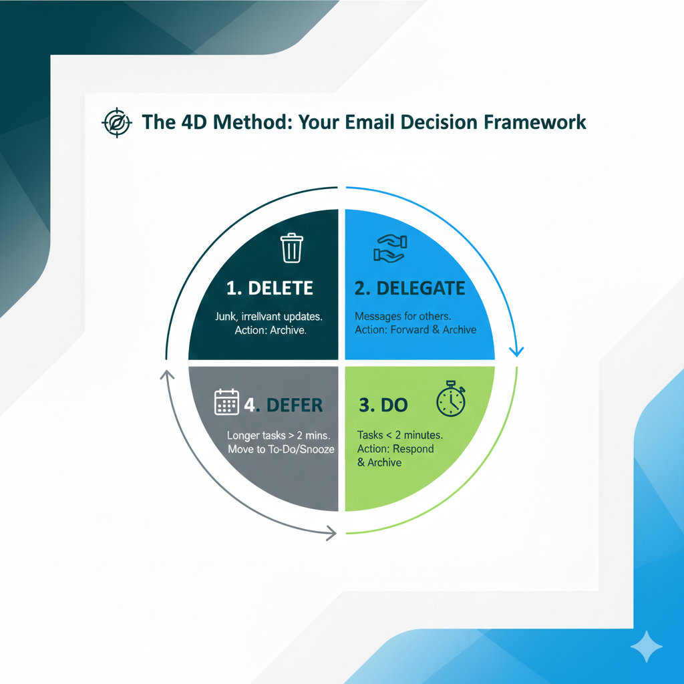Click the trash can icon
pos(291,248)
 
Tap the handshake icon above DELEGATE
pos(390,248)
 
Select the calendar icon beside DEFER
pos(226,401)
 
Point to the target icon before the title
pos(116,123)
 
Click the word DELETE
pos(281,288)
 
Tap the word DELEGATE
pos(421,289)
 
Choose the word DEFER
pos(295,405)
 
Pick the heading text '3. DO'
pos(383,405)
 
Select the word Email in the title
pos(370,122)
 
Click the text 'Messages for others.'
pos(403,316)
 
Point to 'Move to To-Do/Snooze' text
pos(281,449)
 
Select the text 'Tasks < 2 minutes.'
pos(399,435)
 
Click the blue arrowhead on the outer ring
pos(516,351)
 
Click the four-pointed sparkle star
pos(647,647)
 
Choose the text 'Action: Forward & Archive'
pos(415,329)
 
